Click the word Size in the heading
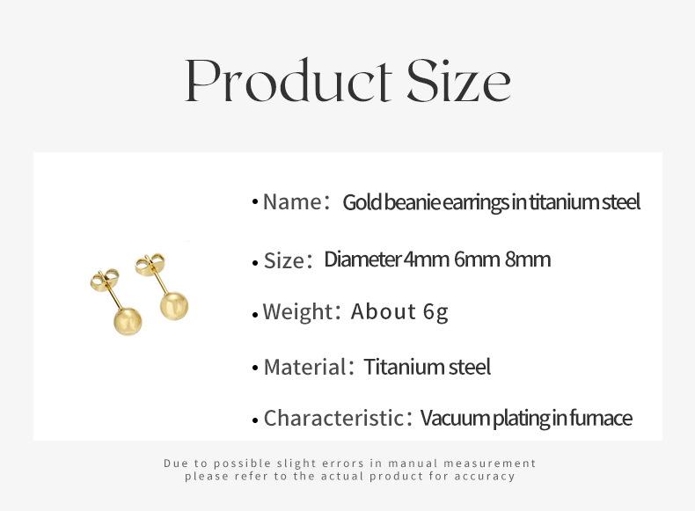coord(458,80)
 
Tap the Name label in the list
coord(292,202)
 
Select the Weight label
coord(297,311)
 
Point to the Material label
coord(304,367)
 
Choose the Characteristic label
coord(333,418)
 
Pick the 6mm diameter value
coord(477,259)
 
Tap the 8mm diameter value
coord(528,259)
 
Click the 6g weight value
coord(435,312)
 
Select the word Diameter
coord(362,259)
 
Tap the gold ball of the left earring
coord(128,321)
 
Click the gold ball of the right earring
coord(174,306)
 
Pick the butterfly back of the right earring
coord(150,264)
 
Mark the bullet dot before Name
coord(254,202)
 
